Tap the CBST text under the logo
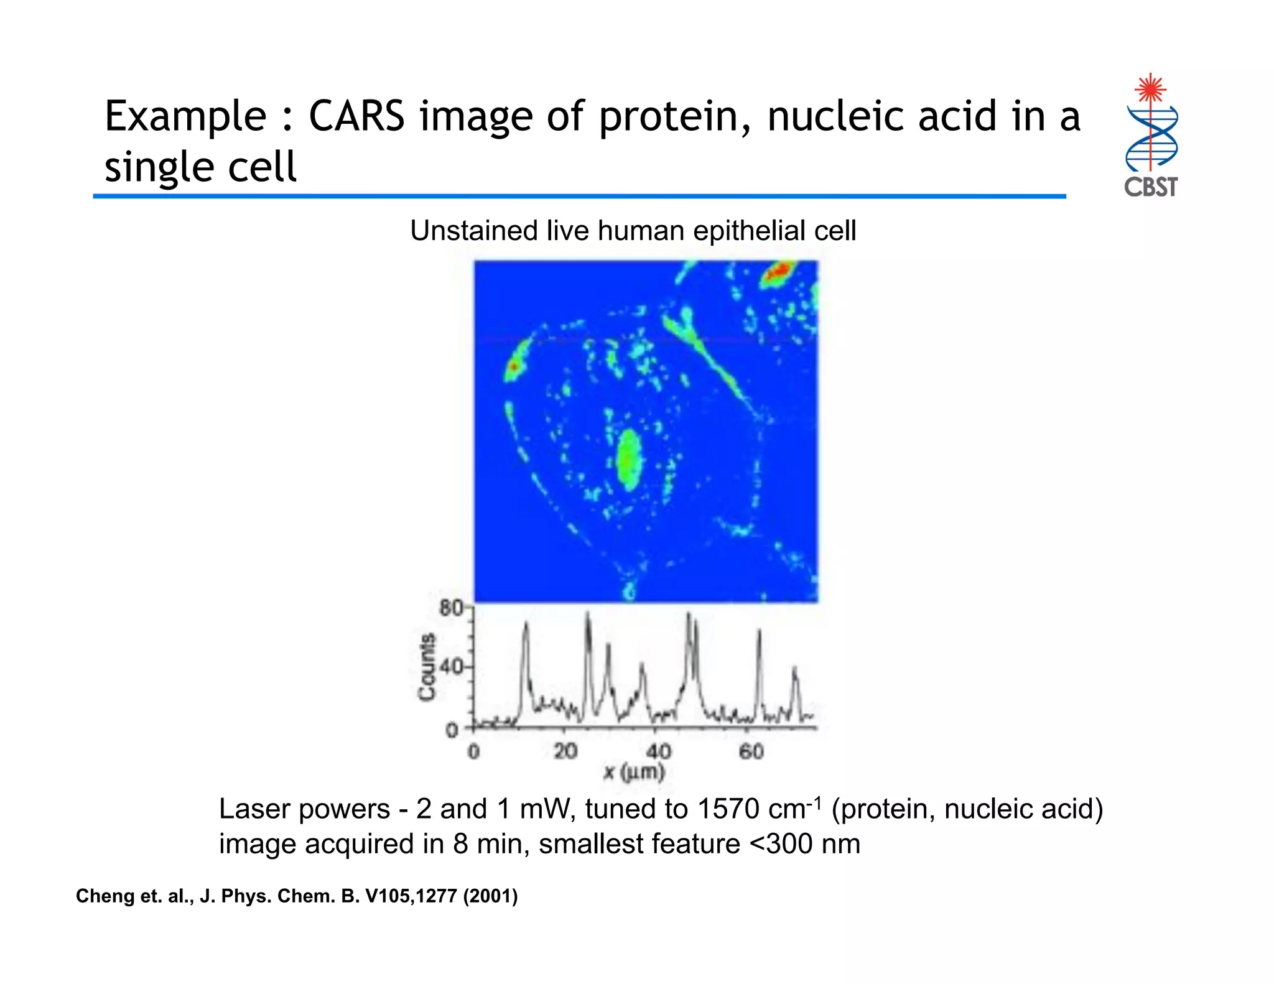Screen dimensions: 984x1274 [1150, 187]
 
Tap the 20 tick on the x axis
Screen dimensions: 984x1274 [565, 751]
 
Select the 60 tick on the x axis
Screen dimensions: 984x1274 [751, 751]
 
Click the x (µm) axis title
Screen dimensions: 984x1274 [634, 773]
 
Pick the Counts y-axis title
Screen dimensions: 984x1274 [426, 667]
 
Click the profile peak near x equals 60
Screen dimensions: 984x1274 [759, 631]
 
